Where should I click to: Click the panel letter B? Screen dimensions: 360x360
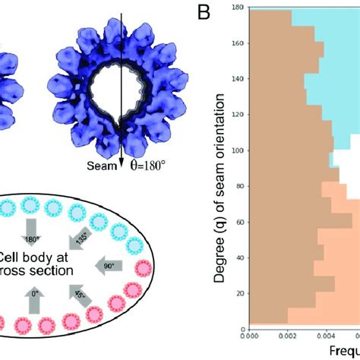click(x=204, y=14)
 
